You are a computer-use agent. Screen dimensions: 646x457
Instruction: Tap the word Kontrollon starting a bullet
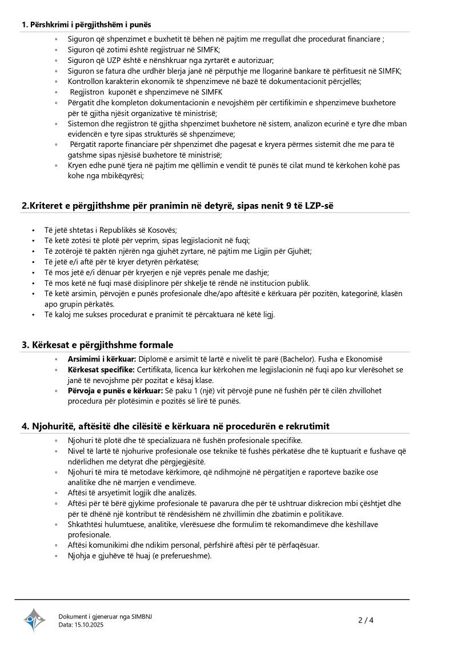tap(86, 81)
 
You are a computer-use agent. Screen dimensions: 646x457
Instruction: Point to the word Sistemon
tap(83, 123)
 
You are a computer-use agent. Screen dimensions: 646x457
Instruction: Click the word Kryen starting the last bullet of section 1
tap(78, 165)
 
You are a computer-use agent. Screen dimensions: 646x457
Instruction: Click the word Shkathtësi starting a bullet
tap(86, 524)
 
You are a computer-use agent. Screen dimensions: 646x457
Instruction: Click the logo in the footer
tap(34, 620)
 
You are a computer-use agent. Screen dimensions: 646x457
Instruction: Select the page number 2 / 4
tap(366, 620)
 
